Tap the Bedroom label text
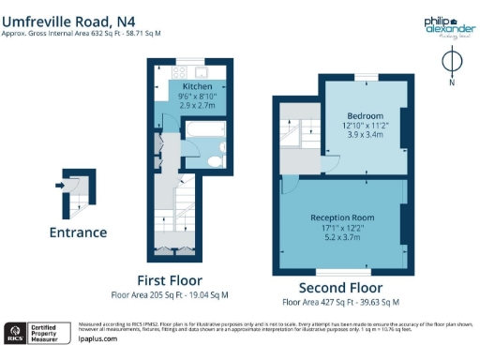364,115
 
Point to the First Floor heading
169,279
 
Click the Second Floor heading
340,287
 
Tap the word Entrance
78,232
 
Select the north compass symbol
450,63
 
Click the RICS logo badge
16,332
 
